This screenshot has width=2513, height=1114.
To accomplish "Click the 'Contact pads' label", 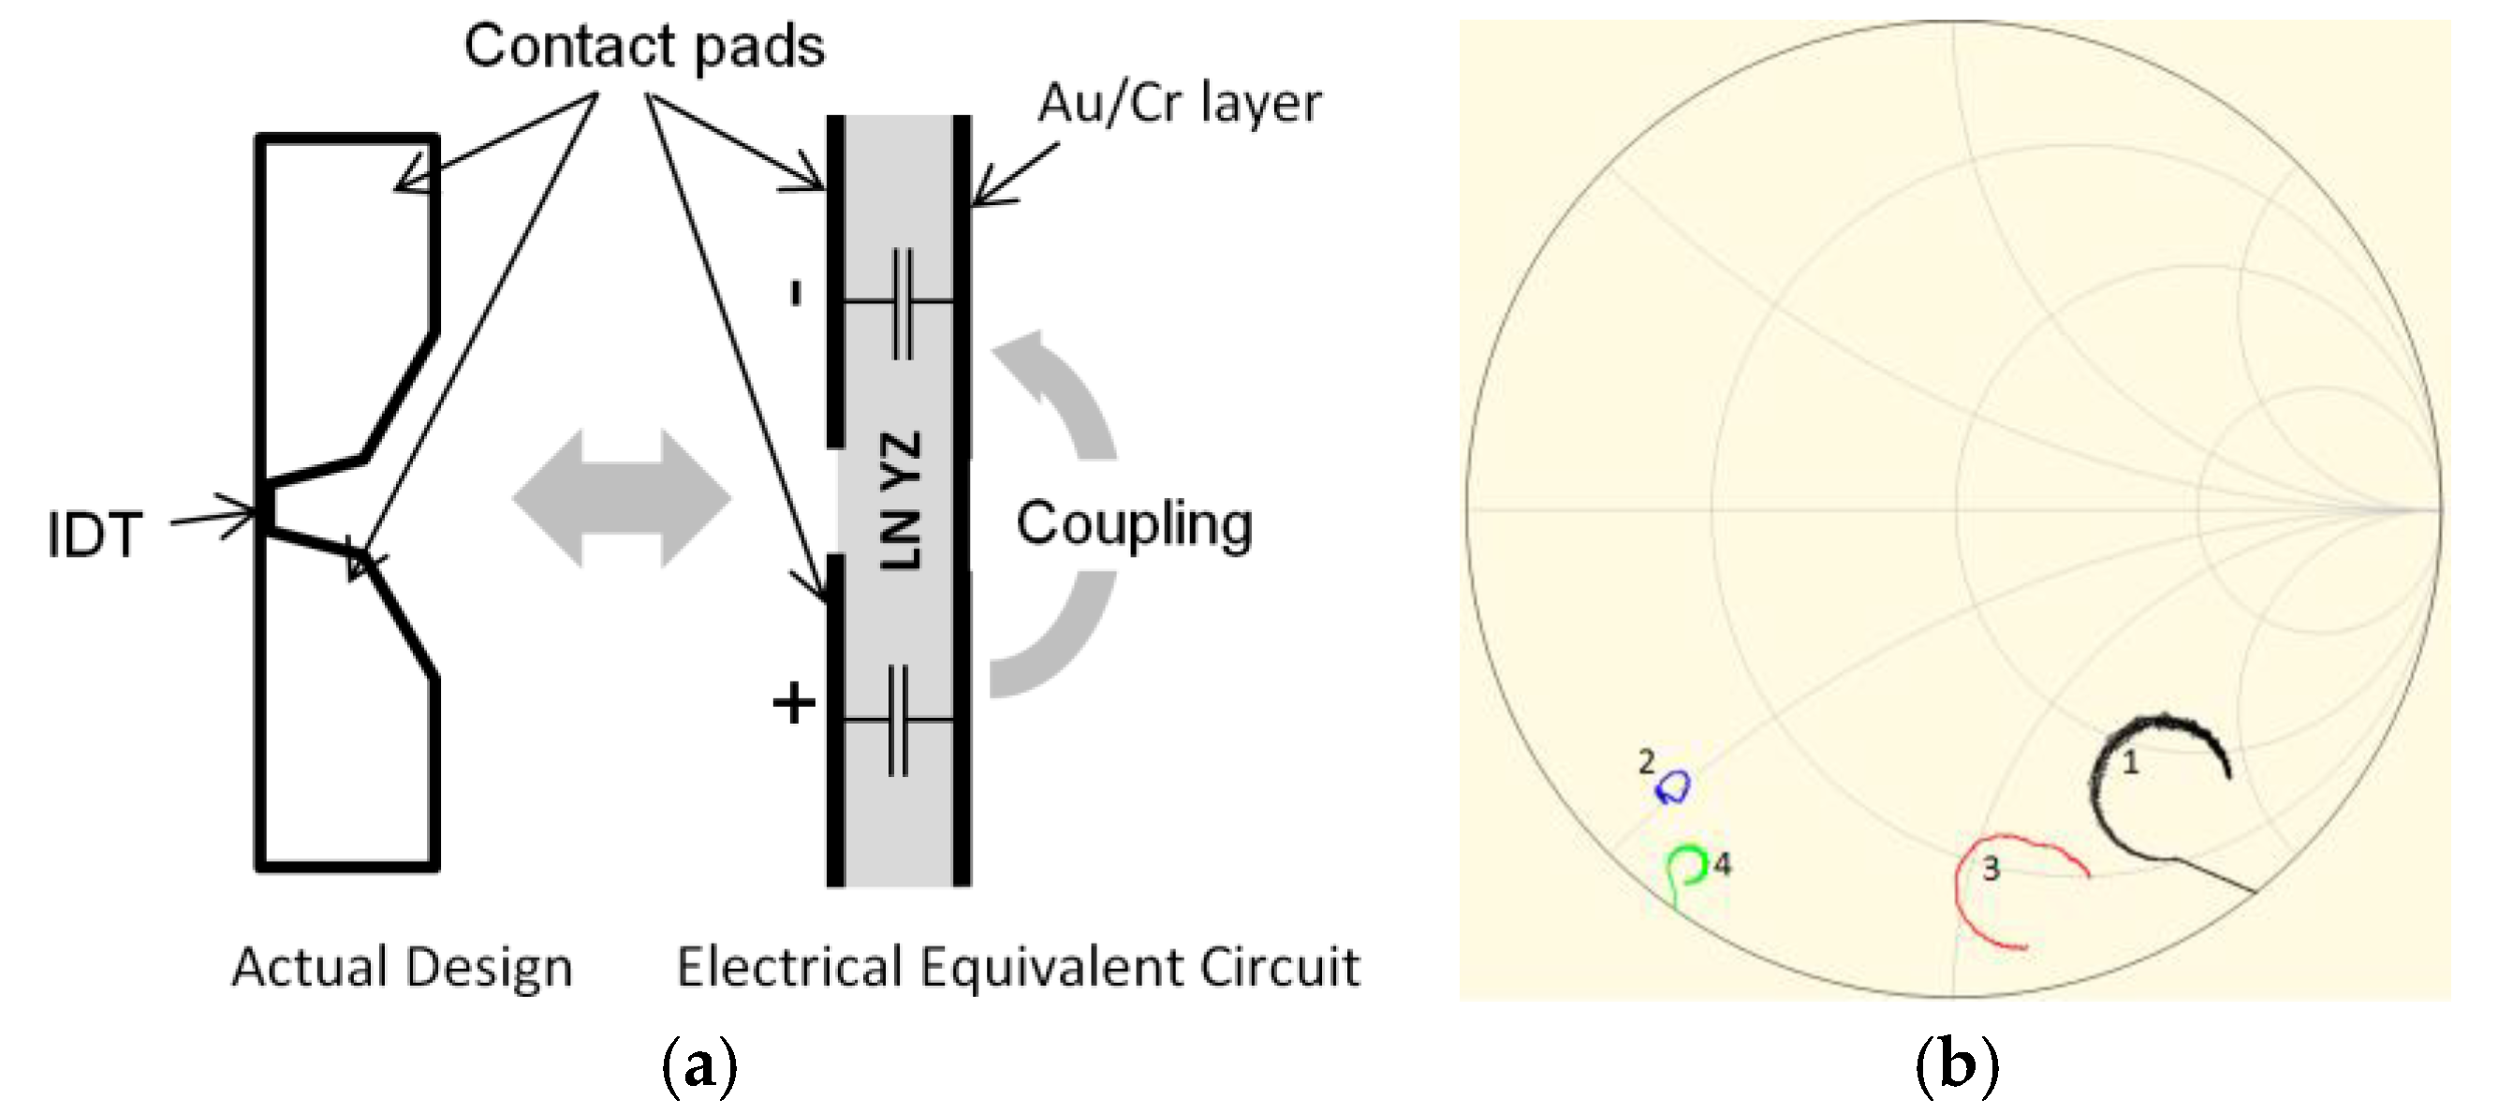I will (644, 47).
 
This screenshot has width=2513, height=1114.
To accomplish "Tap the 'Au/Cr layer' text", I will (1179, 103).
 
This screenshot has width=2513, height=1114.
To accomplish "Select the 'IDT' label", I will (95, 535).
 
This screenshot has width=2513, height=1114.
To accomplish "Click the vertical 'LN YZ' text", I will (900, 502).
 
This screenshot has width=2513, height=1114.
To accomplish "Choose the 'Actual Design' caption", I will (402, 968).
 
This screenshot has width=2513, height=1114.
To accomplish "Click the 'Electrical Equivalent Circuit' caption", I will (1018, 968).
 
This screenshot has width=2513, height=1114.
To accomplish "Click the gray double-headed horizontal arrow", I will (622, 498).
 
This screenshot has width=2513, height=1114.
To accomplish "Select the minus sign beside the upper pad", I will (797, 293).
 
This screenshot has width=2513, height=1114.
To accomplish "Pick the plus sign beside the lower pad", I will (793, 702).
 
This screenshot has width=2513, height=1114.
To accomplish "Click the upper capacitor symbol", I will (902, 301).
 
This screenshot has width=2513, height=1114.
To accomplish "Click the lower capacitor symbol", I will (899, 720).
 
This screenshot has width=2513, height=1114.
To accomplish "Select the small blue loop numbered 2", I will (1675, 786).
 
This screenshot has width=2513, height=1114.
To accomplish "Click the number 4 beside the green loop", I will (1723, 864).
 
